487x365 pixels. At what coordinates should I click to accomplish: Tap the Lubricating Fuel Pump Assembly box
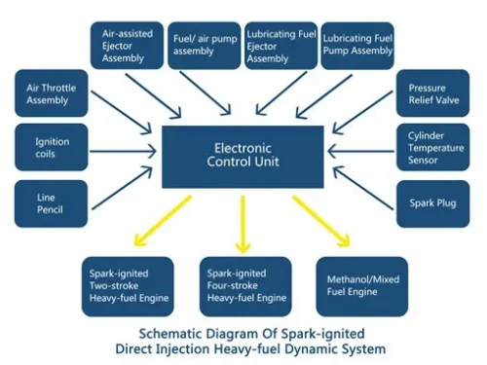point(357,45)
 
